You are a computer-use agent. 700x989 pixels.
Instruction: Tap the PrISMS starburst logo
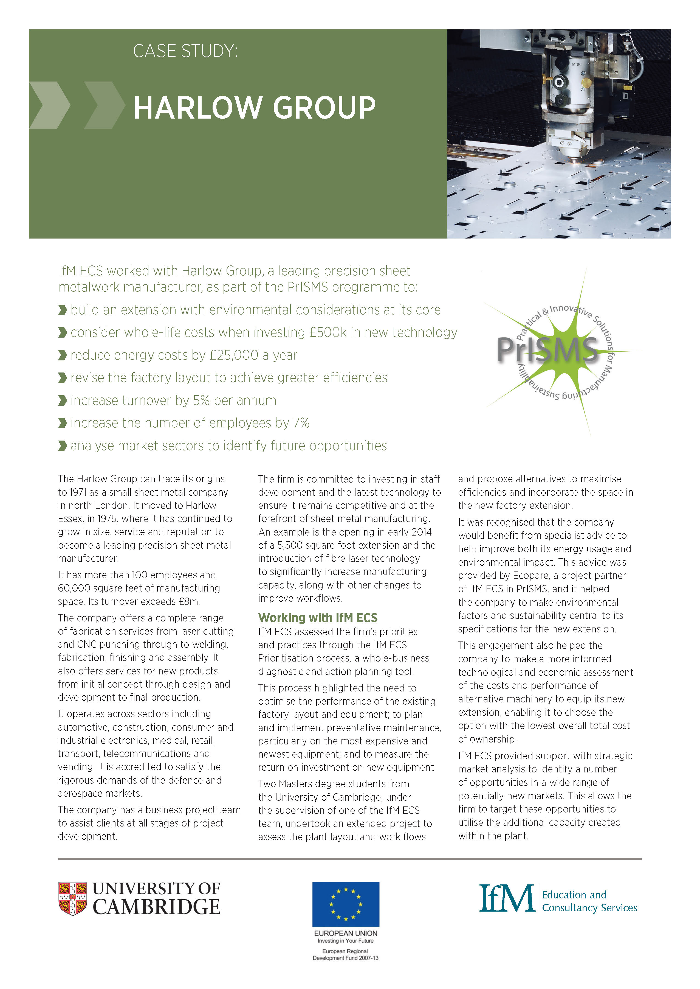coord(556,352)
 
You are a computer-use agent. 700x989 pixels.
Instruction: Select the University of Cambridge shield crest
coord(72,899)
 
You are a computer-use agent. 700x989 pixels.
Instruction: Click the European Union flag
coord(346,904)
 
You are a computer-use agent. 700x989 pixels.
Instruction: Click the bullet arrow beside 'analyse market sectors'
coord(63,446)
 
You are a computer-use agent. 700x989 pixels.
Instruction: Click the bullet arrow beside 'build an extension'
coord(63,310)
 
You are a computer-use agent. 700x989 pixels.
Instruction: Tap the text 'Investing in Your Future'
coord(345,941)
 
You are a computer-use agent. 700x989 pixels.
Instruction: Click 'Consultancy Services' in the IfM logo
coord(589,908)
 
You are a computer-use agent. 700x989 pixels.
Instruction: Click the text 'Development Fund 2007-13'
coord(345,958)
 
